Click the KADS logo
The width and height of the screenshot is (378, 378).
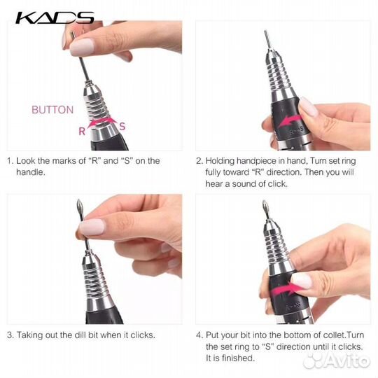(55, 17)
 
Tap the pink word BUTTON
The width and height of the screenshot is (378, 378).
(52, 110)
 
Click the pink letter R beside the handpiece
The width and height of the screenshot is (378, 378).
(82, 132)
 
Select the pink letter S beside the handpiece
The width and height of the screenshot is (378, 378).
(122, 126)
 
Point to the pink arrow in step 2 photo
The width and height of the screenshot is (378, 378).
(289, 121)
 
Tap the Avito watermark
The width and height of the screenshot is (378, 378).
(337, 360)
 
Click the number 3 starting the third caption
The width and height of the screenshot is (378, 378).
(10, 335)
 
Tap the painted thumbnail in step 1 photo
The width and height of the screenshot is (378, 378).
(81, 47)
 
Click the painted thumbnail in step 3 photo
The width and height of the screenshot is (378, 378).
(92, 227)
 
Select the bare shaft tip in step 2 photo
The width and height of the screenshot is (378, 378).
(266, 31)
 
